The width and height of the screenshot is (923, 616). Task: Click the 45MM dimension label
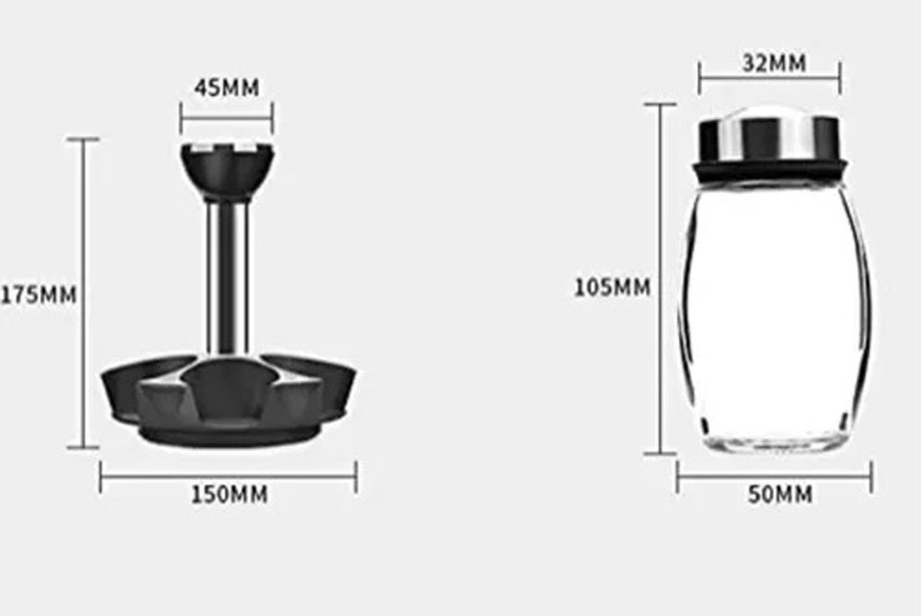[x=227, y=88]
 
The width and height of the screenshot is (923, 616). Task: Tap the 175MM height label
[x=39, y=294]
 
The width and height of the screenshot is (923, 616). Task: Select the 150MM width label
[x=230, y=494]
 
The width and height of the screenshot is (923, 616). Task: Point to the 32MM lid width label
[x=775, y=62]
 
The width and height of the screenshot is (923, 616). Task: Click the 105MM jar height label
[x=612, y=288]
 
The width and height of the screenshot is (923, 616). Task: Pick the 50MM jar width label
[x=780, y=494]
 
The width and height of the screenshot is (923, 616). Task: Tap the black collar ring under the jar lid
[x=772, y=170]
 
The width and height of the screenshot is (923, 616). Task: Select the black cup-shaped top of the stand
[x=228, y=173]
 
